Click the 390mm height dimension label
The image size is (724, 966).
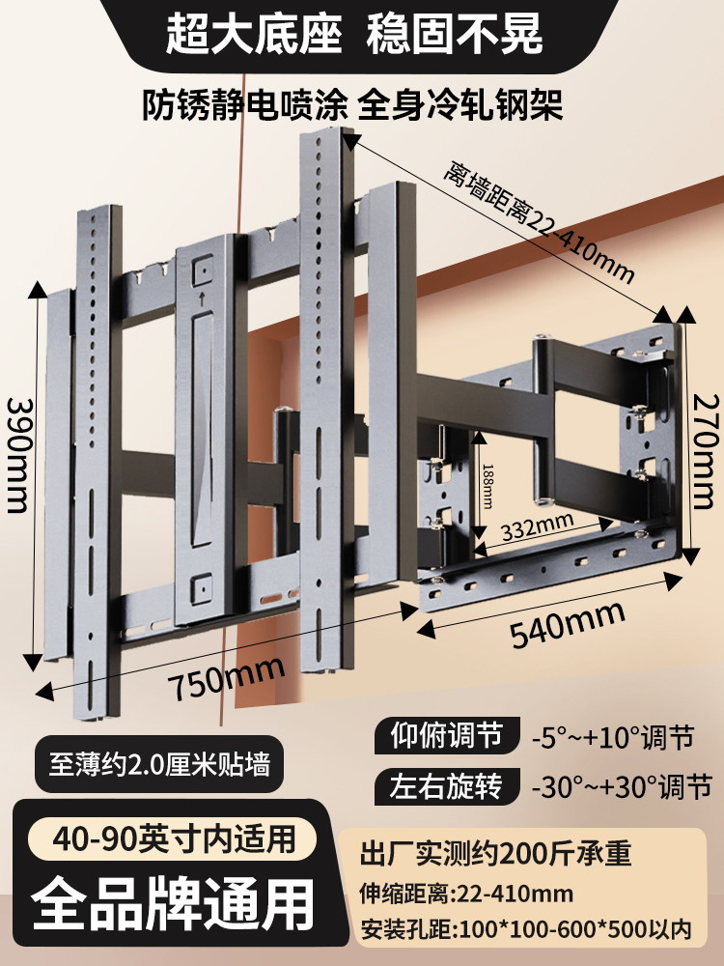pyautogui.click(x=17, y=455)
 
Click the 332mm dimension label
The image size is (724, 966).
pyautogui.click(x=538, y=526)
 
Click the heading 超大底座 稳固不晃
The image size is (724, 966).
pyautogui.click(x=354, y=33)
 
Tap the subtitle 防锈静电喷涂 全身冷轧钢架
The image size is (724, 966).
pyautogui.click(x=352, y=104)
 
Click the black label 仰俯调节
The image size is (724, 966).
pyautogui.click(x=447, y=735)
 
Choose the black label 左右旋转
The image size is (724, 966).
pyautogui.click(x=447, y=786)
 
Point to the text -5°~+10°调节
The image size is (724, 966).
pyautogui.click(x=613, y=737)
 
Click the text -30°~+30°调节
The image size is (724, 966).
pyautogui.click(x=622, y=787)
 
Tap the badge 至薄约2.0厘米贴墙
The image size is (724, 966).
pyautogui.click(x=159, y=765)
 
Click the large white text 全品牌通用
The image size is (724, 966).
pyautogui.click(x=173, y=904)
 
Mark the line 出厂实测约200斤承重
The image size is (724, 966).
pyautogui.click(x=496, y=854)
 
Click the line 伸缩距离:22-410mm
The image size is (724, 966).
pyautogui.click(x=466, y=894)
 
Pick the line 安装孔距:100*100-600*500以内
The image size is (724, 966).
pyautogui.click(x=526, y=929)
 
